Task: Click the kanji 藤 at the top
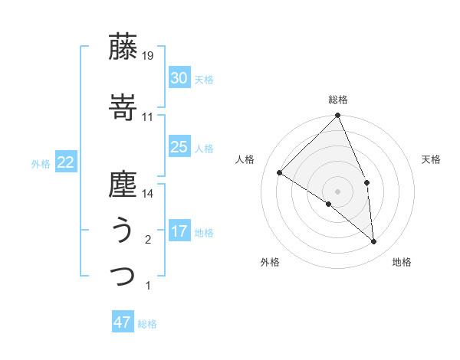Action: [x=123, y=47]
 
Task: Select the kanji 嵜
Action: [x=123, y=108]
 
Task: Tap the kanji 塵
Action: [x=123, y=185]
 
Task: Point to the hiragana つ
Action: [x=123, y=277]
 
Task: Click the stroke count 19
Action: [x=148, y=55]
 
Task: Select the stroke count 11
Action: [x=148, y=116]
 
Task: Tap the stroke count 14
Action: [x=148, y=194]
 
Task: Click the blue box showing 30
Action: [x=179, y=78]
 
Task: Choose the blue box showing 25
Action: [x=179, y=147]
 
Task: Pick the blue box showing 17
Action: [x=179, y=231]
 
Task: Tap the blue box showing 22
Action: [x=65, y=162]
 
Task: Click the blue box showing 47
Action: [x=123, y=322]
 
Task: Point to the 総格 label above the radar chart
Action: [x=338, y=100]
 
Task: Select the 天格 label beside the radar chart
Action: [x=431, y=159]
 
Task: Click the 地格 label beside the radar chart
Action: [x=402, y=262]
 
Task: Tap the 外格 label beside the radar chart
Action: [x=270, y=262]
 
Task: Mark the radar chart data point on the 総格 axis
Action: [x=338, y=116]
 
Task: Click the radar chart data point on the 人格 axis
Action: [x=280, y=172]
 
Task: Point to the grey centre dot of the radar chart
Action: [x=338, y=191]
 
